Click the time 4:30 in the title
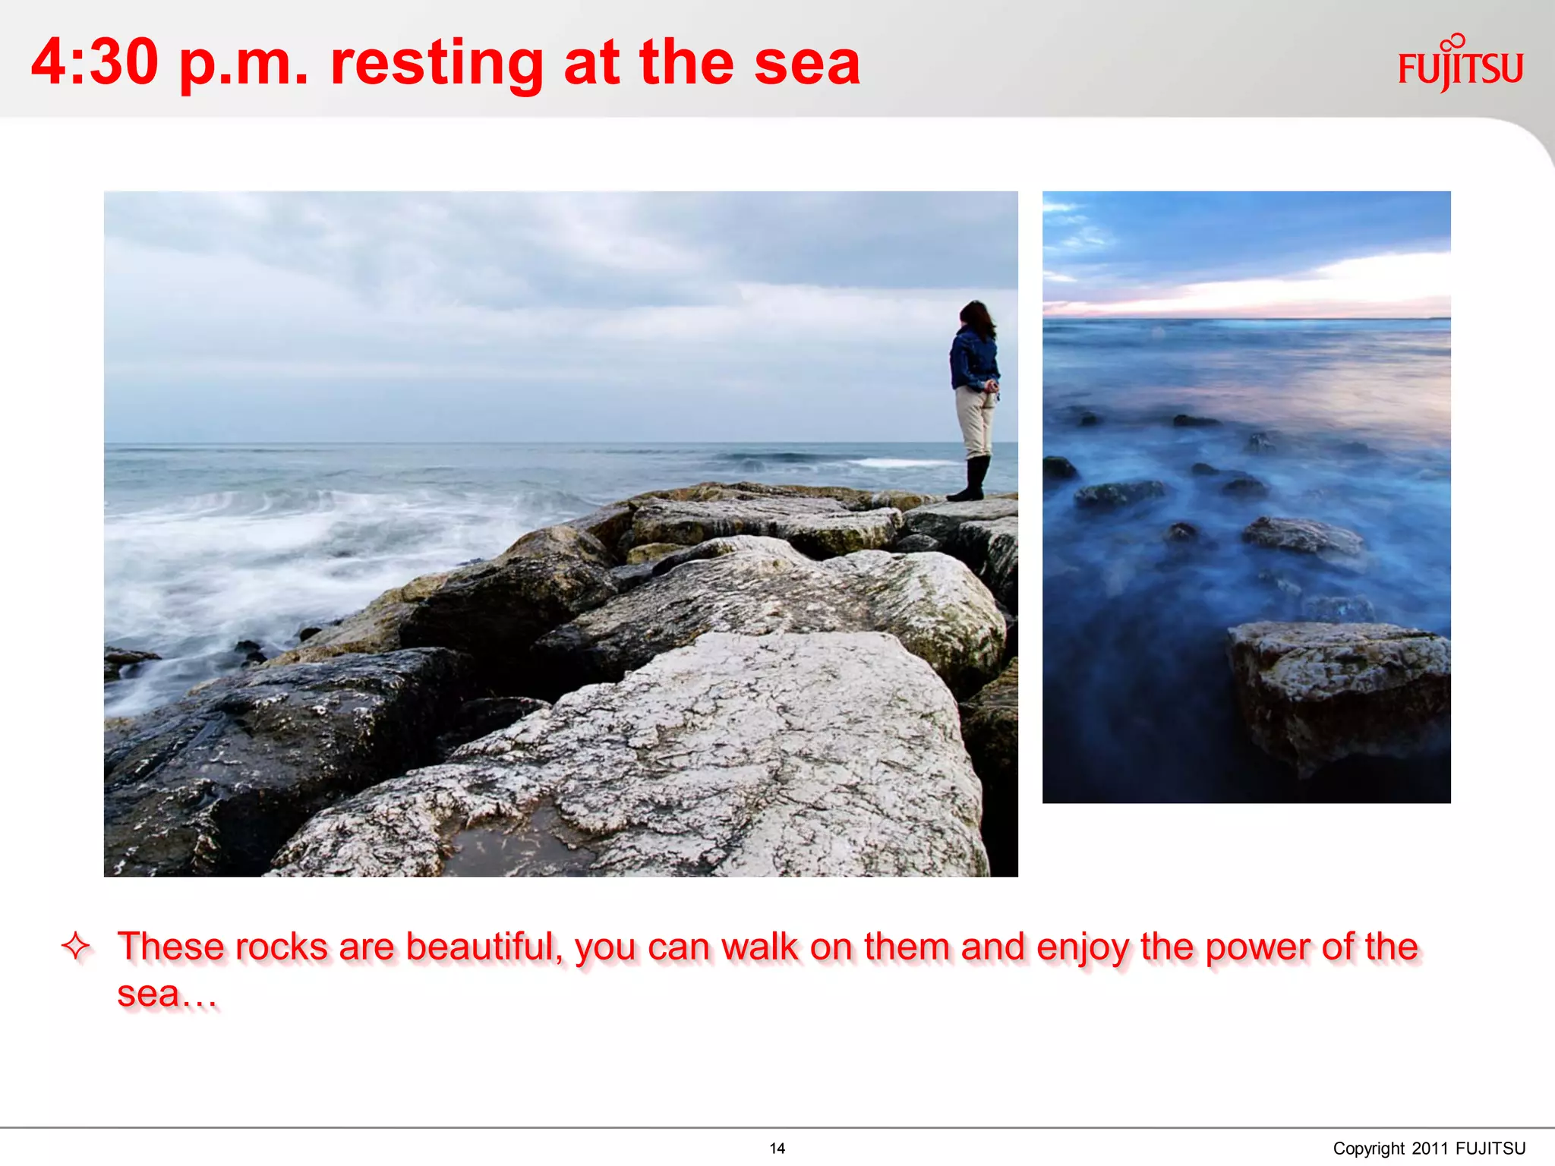(x=95, y=62)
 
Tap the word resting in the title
(x=437, y=64)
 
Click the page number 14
(x=777, y=1148)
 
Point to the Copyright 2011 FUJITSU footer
(x=1428, y=1148)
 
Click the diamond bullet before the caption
(x=76, y=946)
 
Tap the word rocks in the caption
(x=281, y=947)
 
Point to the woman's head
(x=976, y=317)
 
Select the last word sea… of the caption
(x=166, y=994)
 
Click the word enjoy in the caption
(x=1082, y=947)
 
